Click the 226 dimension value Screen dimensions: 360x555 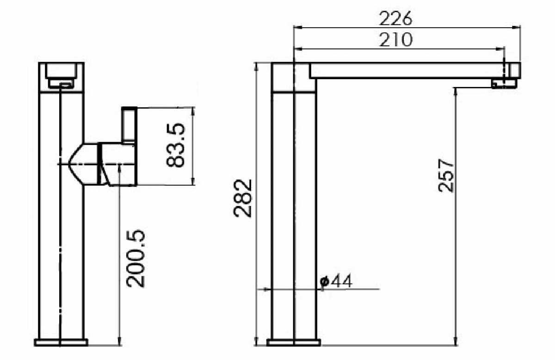tap(395, 19)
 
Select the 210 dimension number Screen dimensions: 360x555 tap(395, 40)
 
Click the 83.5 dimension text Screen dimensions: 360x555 tap(176, 145)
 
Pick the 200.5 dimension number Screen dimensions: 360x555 tap(136, 259)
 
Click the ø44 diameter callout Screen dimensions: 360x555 tap(336, 281)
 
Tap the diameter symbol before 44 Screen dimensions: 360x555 tap(324, 281)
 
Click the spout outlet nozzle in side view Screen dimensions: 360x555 tap(504, 83)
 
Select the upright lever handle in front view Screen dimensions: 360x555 tap(129, 124)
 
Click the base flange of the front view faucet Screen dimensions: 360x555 tap(61, 342)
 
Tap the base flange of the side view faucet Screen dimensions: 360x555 tap(294, 342)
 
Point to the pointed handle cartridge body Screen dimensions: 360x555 tap(84, 164)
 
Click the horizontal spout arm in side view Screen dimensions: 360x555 tap(407, 71)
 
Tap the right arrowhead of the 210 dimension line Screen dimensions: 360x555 tap(501, 49)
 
